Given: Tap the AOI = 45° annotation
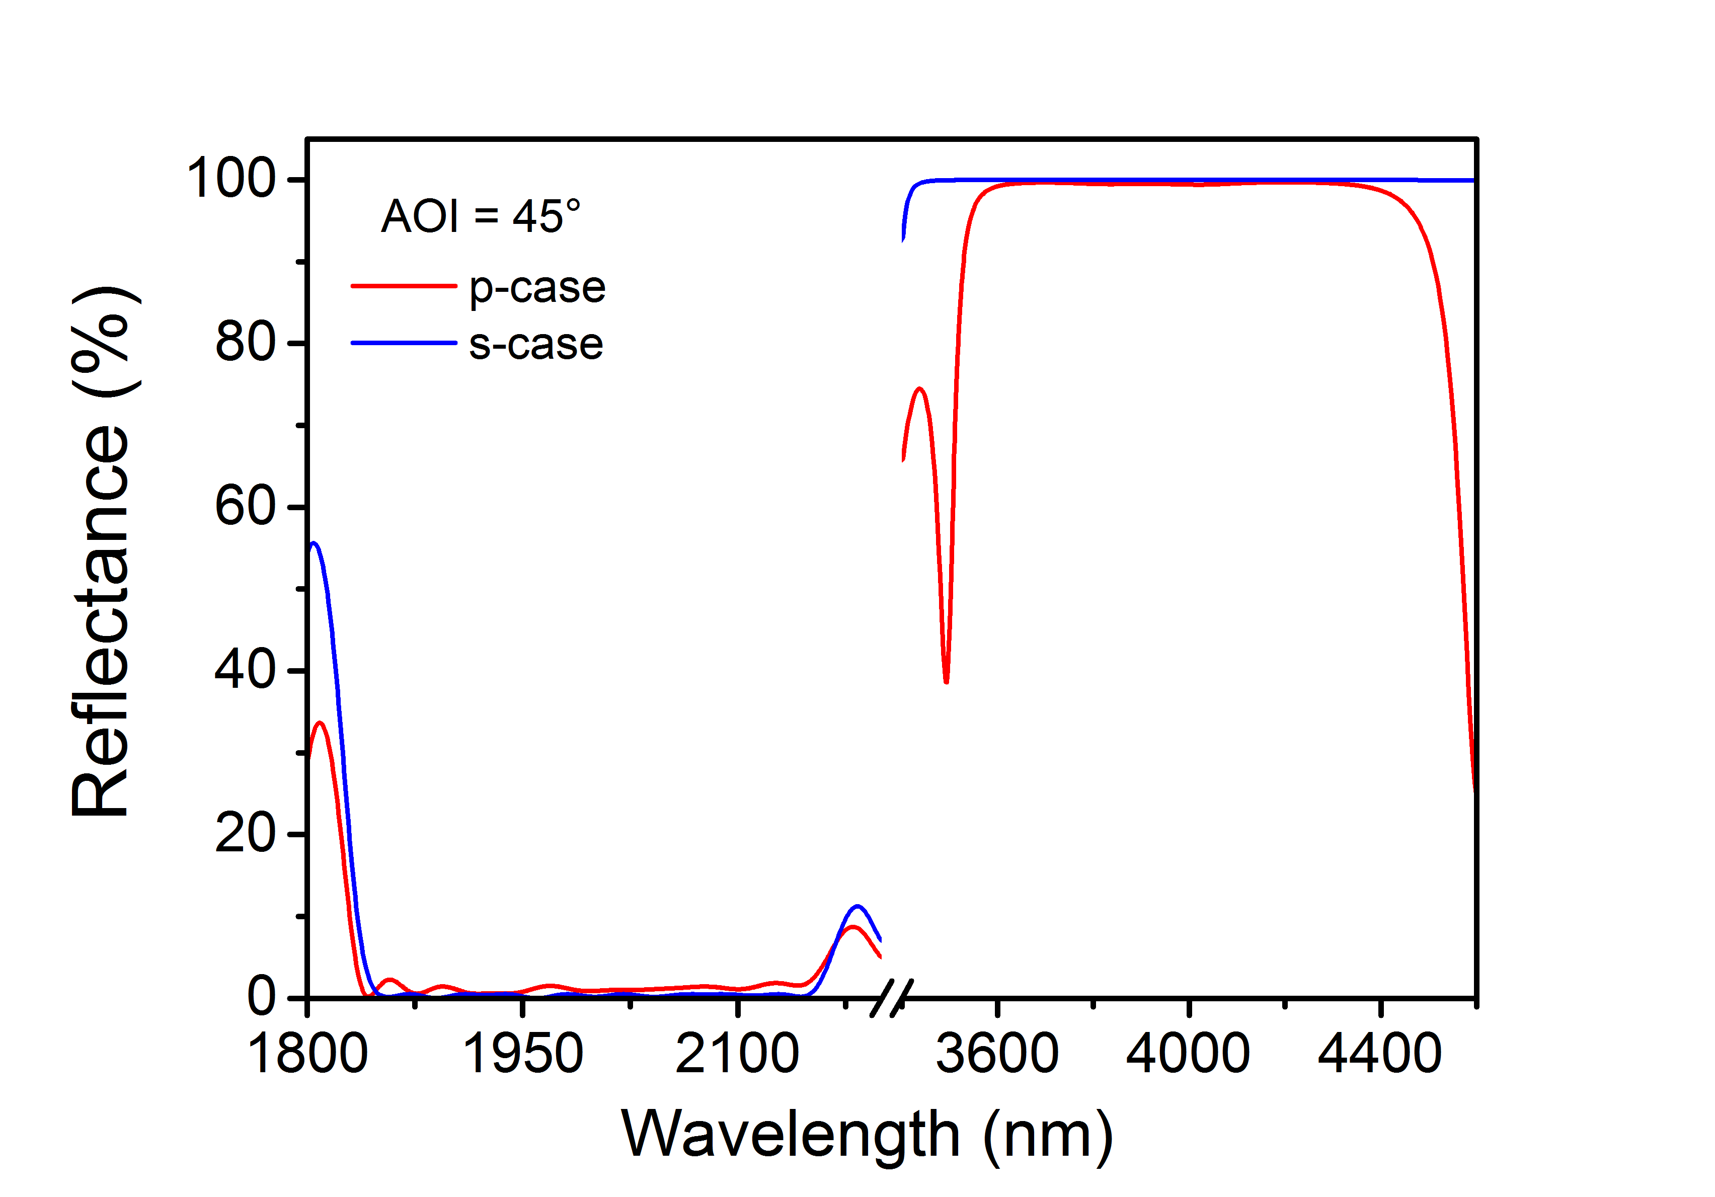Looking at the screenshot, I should click(480, 216).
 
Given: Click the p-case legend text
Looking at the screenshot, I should click(536, 288).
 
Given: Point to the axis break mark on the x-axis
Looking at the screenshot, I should click(892, 998).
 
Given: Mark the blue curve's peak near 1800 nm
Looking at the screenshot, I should click(314, 543).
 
